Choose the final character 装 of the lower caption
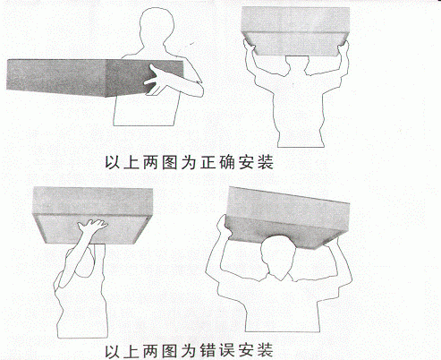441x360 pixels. pyautogui.click(x=266, y=350)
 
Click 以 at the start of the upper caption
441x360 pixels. pyautogui.click(x=113, y=163)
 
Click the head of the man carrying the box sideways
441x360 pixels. pyautogui.click(x=156, y=28)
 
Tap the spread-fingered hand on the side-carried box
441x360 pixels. pyautogui.click(x=156, y=81)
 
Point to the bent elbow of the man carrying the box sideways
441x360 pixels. pyautogui.click(x=199, y=89)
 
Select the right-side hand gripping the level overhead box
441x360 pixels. pyautogui.click(x=343, y=47)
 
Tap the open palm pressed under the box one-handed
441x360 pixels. pyautogui.click(x=91, y=226)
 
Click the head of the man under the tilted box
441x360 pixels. pyautogui.click(x=278, y=257)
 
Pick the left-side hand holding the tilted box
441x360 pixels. pyautogui.click(x=223, y=225)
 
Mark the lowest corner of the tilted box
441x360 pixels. pyautogui.click(x=318, y=248)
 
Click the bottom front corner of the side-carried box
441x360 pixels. pyautogui.click(x=106, y=97)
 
